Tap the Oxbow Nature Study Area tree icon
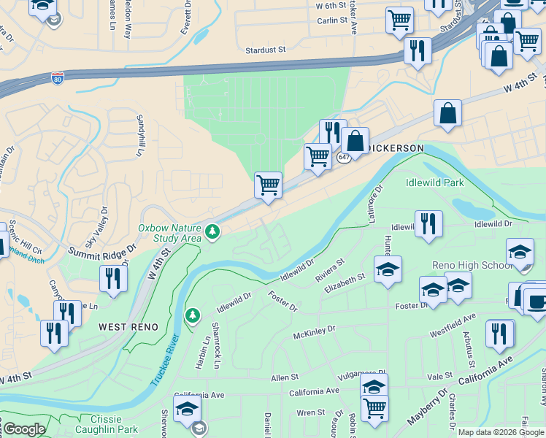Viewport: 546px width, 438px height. click(x=212, y=232)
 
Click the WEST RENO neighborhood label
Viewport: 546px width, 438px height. click(x=128, y=327)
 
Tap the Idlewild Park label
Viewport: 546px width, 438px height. click(x=434, y=181)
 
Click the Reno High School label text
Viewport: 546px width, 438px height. click(x=461, y=265)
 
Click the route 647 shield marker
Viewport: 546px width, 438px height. click(x=345, y=157)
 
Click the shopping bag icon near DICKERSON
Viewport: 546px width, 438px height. click(x=355, y=142)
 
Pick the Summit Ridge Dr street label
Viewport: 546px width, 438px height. click(x=103, y=250)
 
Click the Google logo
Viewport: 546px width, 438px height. click(x=24, y=430)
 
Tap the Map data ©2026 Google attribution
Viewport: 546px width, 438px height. click(x=501, y=432)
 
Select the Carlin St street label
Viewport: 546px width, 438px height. click(x=331, y=20)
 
